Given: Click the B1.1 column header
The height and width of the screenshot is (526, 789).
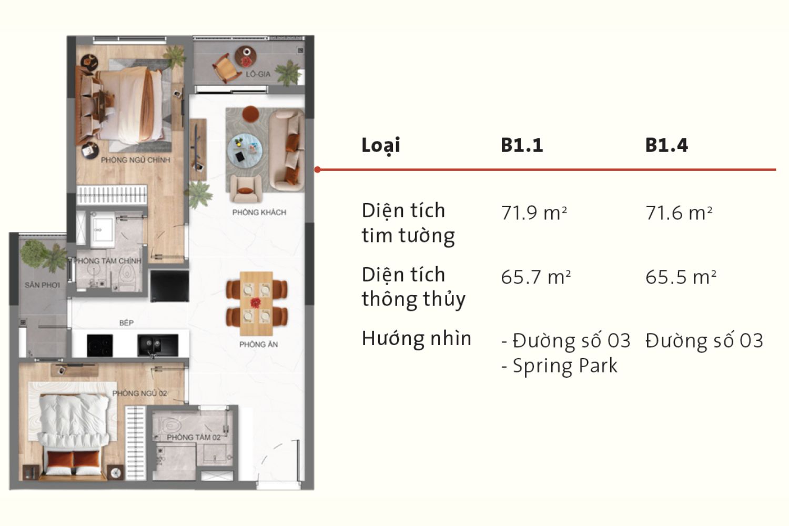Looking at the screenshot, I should tap(521, 145).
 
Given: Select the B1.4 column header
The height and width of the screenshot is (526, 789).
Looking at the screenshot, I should tap(666, 145).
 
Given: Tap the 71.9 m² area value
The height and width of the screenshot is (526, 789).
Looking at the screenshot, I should tap(534, 213).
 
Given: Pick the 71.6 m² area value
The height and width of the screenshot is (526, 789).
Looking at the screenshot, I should tap(679, 213).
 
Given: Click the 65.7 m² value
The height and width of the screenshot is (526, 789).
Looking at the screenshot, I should tap(535, 277).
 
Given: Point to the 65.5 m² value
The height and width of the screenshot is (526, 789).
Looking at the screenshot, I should tap(681, 277).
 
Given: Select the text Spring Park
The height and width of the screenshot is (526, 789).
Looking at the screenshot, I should tap(564, 366).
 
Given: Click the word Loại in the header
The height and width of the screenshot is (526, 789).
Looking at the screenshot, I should tap(380, 146).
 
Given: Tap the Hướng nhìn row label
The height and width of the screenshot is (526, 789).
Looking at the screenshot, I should tap(416, 338).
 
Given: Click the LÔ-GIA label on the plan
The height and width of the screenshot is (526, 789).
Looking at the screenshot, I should tap(258, 74).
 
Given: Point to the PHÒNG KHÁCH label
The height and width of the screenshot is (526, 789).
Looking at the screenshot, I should tap(259, 213).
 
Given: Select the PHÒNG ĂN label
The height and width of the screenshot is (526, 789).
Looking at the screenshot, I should tap(258, 345).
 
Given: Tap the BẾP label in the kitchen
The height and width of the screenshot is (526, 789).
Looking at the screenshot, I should tap(126, 323).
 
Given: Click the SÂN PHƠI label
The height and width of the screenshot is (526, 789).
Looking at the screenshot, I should tap(42, 285).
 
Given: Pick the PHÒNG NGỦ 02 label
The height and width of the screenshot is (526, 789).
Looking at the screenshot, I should tap(139, 393).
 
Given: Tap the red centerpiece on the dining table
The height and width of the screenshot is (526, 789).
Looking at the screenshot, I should tap(256, 302).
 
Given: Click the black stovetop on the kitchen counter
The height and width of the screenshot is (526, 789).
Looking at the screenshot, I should tap(99, 345).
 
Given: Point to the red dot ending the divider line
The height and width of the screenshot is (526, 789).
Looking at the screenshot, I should tap(318, 169).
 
